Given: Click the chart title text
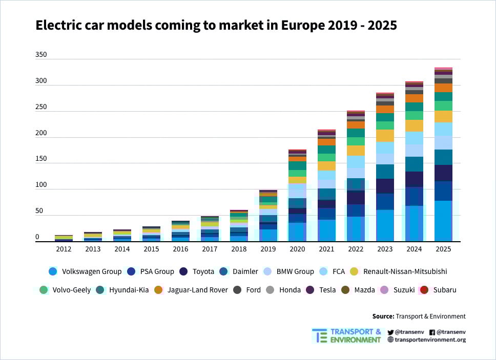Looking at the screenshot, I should click(x=216, y=25).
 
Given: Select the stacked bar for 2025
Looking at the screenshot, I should click(x=443, y=154).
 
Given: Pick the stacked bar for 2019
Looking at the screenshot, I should click(x=268, y=216).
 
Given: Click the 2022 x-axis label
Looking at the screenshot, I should click(x=356, y=249).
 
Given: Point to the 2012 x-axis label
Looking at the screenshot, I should click(x=64, y=249).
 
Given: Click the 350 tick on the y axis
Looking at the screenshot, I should click(x=41, y=54).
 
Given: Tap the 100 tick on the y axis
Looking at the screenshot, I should click(x=41, y=185).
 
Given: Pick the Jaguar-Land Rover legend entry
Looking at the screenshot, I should click(x=198, y=290).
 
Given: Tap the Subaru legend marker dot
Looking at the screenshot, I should click(x=424, y=290).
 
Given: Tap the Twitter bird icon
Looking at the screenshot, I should click(x=390, y=332).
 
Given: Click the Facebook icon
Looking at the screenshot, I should click(x=432, y=332).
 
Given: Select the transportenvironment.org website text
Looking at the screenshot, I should click(x=430, y=340).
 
